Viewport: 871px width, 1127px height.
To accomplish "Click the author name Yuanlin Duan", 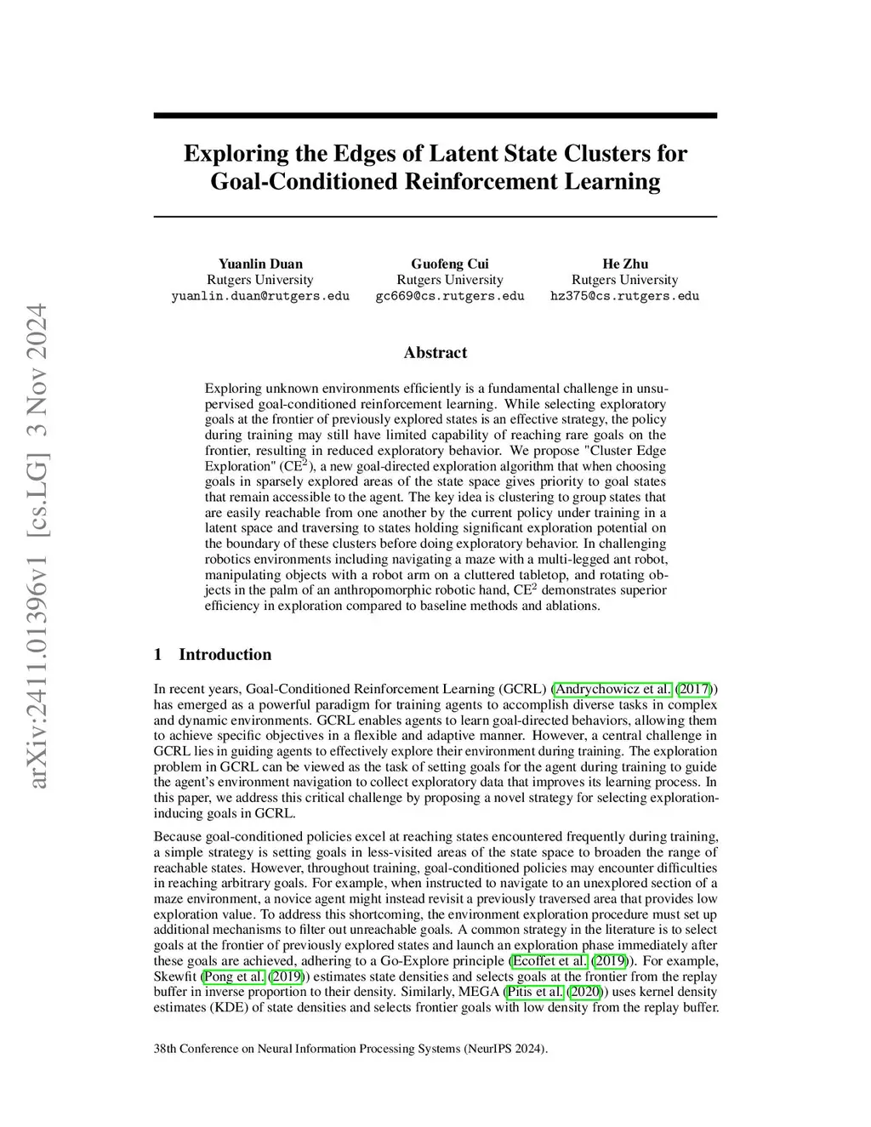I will point(260,264).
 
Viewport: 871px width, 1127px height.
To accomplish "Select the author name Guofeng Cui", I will point(449,264).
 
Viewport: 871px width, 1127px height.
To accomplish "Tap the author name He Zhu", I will point(624,264).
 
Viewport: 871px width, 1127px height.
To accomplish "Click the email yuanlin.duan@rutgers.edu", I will point(260,296).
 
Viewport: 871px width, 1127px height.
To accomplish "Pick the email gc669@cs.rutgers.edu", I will point(449,296).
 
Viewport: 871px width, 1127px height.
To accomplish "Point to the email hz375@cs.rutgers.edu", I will point(624,296).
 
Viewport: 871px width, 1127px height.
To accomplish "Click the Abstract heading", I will point(435,352).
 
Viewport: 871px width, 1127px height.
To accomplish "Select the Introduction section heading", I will point(225,654).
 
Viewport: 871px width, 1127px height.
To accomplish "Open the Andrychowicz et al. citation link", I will point(612,689).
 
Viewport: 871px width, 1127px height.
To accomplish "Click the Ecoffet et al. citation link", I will point(549,961).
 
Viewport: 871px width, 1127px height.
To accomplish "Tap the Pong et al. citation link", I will point(234,976).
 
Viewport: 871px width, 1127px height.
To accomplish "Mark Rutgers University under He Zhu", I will point(624,280).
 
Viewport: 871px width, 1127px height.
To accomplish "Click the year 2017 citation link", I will point(693,689).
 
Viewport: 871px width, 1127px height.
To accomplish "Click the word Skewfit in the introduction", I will point(175,976).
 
